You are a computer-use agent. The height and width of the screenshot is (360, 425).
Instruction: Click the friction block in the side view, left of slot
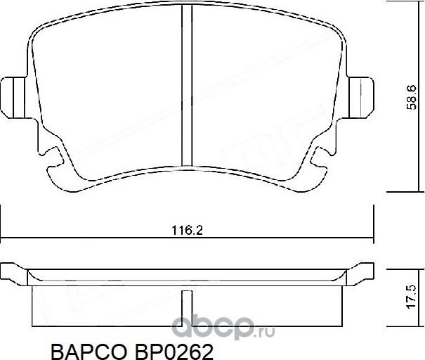coord(105,306)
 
